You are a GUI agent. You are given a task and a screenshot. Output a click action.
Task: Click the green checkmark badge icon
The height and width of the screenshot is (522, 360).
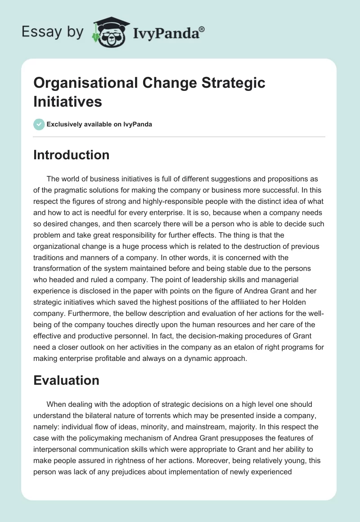(x=39, y=124)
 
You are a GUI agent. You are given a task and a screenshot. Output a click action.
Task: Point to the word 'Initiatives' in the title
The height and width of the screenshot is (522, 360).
(x=68, y=102)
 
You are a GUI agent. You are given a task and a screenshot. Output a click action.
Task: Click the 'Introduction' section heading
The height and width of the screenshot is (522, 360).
(x=71, y=155)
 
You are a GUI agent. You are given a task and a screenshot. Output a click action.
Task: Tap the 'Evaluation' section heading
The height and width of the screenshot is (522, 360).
(x=66, y=380)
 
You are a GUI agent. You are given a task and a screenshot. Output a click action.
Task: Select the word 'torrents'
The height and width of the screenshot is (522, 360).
(x=148, y=416)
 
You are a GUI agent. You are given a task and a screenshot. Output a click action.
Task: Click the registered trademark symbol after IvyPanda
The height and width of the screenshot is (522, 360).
(x=202, y=29)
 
